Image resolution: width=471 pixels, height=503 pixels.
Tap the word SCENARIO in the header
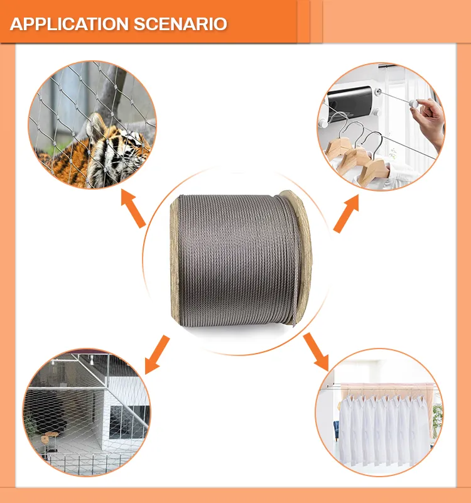coord(180,24)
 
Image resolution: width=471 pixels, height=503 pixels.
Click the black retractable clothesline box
coord(352,100)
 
